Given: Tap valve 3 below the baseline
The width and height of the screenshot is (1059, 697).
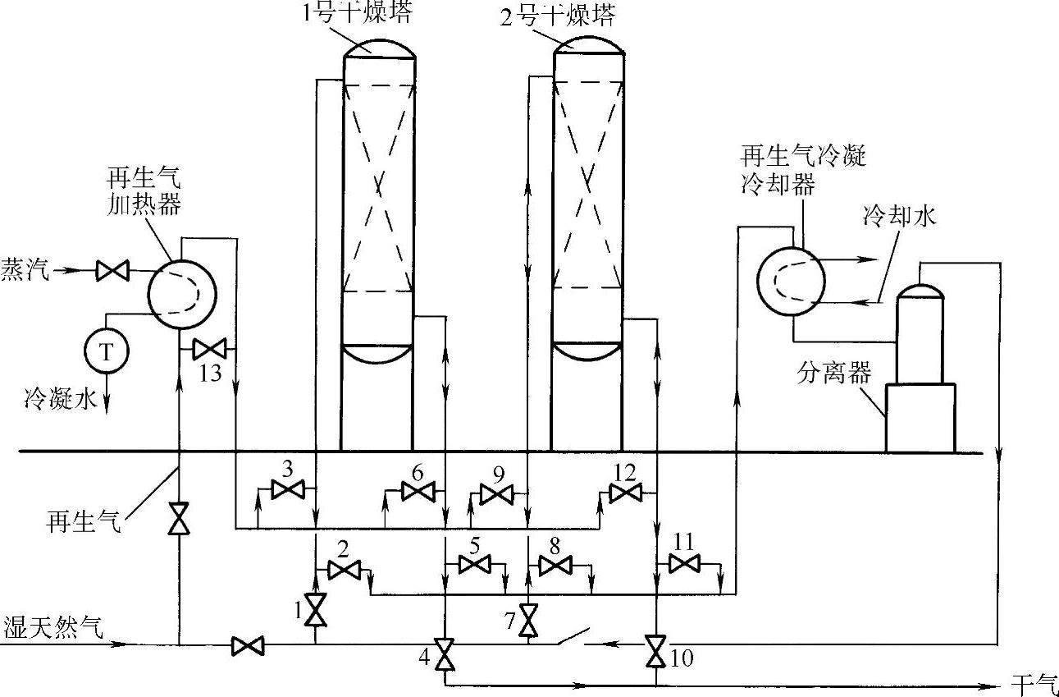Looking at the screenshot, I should coord(287,491).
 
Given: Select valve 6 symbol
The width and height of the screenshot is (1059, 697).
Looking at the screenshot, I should coord(417,492).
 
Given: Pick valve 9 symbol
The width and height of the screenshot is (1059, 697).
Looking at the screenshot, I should coord(496,494).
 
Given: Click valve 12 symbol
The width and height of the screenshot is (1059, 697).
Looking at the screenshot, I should coord(626,493).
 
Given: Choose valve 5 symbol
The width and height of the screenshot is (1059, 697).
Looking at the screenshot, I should coord(473,565).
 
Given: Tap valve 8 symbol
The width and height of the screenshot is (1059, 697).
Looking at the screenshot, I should coord(555,565).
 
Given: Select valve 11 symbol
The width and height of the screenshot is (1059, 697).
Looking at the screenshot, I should coord(684,563).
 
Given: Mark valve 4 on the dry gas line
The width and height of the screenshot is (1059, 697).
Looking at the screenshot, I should coord(445,654).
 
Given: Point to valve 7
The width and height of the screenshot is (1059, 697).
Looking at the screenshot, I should coord(529,621).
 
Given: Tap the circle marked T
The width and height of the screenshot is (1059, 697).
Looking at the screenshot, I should coord(107,351).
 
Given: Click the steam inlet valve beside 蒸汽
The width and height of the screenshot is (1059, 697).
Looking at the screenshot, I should coord(109,269).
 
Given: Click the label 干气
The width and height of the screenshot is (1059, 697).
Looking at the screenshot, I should coord(1030,682).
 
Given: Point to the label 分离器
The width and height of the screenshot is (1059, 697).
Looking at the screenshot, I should coord(833,375).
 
